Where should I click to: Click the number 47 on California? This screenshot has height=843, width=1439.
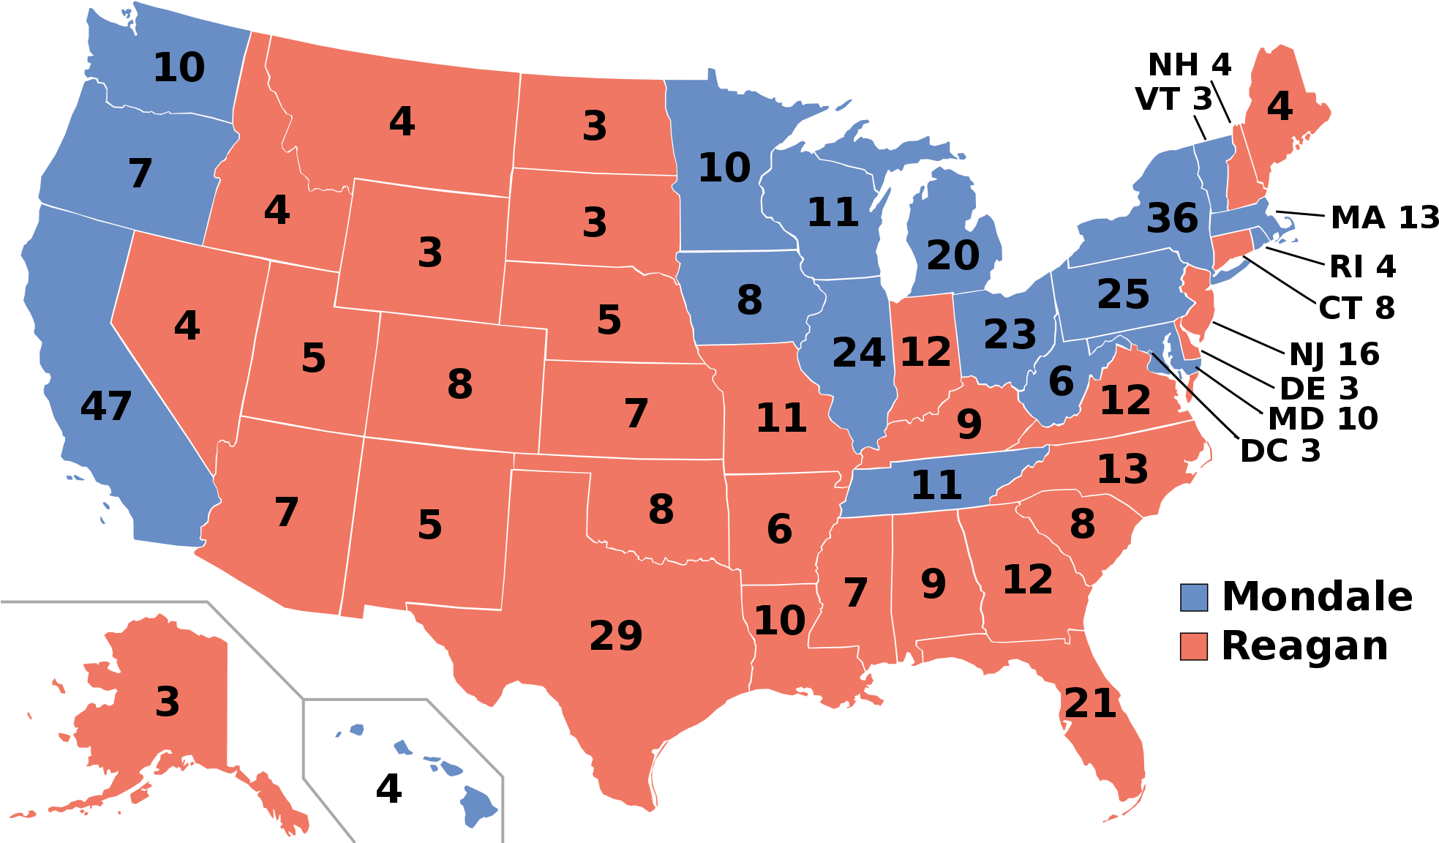coord(106,406)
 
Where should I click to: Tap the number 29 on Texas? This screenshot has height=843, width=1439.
coord(616,635)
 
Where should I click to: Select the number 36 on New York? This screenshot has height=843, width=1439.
coord(1172,218)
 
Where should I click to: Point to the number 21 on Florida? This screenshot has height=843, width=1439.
coord(1090,704)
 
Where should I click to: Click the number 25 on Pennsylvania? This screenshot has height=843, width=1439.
coord(1123,294)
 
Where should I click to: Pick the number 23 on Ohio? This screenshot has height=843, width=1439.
coord(1010,334)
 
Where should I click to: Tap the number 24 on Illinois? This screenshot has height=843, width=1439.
coord(859,353)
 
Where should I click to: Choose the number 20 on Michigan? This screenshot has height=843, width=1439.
coord(953,255)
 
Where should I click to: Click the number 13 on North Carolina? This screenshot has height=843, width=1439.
coord(1122,469)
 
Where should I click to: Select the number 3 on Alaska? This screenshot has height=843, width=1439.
coord(168,702)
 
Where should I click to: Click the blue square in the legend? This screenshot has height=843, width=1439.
coord(1193,598)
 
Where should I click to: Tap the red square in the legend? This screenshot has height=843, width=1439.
coord(1193,647)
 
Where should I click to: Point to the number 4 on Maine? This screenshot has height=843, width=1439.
coord(1280,107)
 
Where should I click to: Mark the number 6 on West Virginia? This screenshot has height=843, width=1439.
coord(1061,381)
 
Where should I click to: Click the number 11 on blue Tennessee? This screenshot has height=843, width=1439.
coord(936,485)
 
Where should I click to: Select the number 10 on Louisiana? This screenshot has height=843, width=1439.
coord(779,621)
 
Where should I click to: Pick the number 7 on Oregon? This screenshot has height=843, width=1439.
coord(140,173)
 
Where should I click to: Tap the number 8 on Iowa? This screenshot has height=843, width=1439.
coord(749,300)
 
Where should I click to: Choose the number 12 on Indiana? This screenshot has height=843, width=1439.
coord(925,352)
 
